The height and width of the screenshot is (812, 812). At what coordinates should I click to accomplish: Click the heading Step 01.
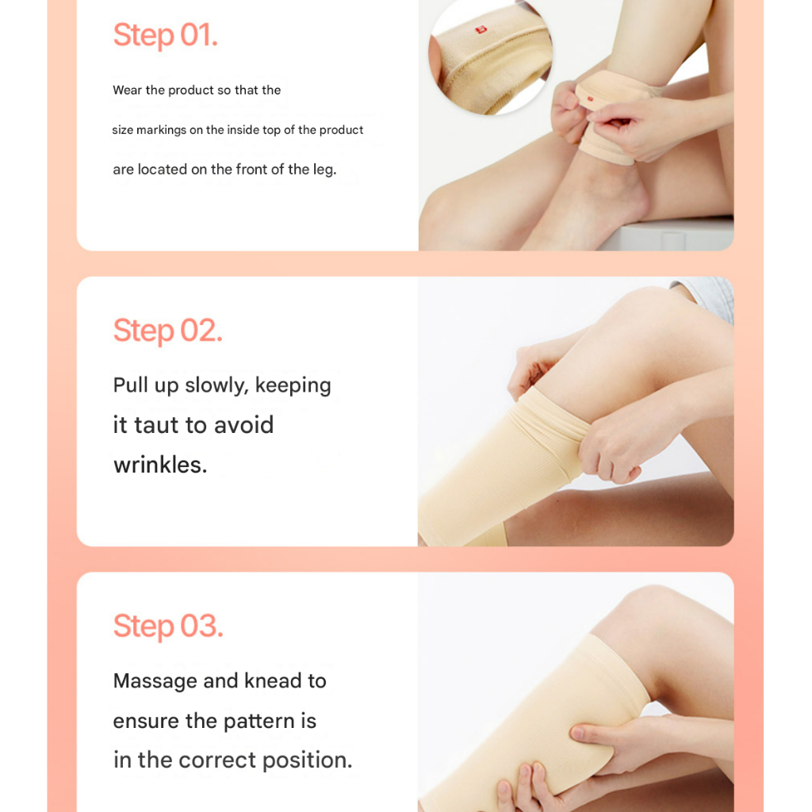[165, 35]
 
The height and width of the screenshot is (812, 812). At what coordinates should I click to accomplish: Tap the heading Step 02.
[168, 331]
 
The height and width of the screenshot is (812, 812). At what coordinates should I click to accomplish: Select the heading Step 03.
[168, 626]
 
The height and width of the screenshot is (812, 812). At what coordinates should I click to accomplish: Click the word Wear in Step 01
[128, 90]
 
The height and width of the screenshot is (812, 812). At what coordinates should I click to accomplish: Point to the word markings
[161, 130]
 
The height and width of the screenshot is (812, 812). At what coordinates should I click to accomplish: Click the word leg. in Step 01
[324, 170]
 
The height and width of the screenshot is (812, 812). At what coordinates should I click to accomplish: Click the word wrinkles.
[160, 465]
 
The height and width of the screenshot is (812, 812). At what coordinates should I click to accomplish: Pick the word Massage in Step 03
[155, 681]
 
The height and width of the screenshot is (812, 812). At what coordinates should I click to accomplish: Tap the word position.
[307, 760]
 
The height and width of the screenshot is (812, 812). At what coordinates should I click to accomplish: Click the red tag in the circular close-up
[481, 30]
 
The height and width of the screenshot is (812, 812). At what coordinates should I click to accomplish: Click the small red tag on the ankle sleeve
[590, 98]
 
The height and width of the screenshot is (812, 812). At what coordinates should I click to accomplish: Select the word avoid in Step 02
[243, 425]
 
